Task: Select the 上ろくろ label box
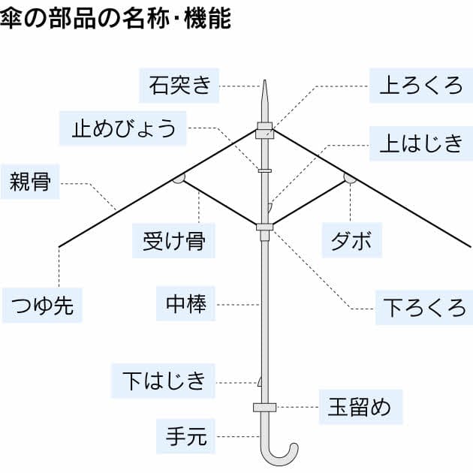420,86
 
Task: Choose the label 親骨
30,182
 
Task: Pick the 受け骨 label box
173,241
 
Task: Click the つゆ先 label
42,306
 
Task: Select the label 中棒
185,304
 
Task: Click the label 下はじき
163,381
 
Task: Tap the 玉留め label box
360,408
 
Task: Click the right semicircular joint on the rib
350,178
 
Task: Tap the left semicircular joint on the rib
179,178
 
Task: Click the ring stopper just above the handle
264,408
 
